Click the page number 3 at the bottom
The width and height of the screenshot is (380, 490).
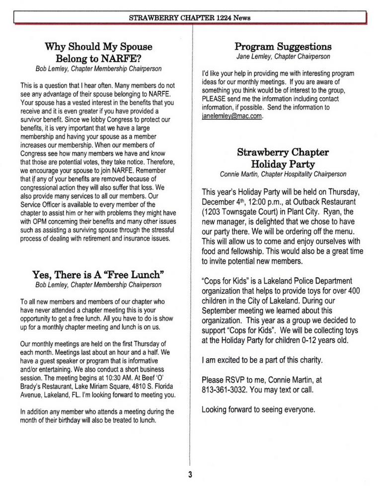[190, 475]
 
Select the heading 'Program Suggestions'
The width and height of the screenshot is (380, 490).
[283, 47]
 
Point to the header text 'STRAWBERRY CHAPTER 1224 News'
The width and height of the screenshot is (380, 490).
[190, 18]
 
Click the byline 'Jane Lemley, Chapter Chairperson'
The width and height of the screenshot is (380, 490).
[283, 57]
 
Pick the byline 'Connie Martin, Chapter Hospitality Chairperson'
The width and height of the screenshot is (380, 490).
[283, 174]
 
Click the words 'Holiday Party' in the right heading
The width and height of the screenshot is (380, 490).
[283, 163]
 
